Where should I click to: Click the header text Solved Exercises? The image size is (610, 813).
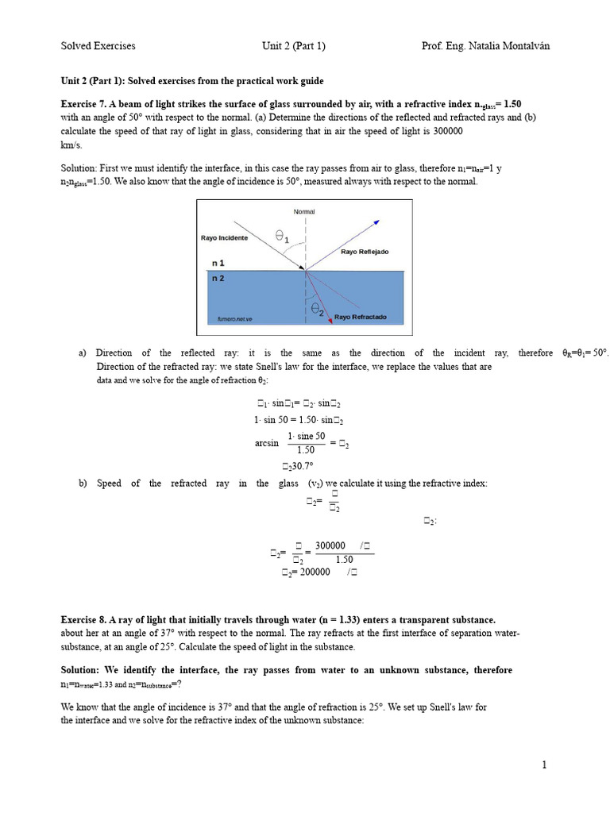98,46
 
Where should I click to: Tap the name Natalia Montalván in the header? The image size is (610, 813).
508,46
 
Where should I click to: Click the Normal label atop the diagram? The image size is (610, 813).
304,212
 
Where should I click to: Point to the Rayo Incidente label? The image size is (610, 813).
224,238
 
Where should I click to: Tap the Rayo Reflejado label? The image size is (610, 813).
365,252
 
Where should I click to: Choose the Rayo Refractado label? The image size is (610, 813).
360,317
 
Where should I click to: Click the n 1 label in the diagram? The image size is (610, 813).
218,263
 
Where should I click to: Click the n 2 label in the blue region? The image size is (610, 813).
218,279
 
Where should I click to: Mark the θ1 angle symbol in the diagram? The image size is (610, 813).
282,236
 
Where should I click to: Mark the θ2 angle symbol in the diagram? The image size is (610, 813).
317,310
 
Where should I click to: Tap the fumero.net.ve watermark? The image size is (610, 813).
234,319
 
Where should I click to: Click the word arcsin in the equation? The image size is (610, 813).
267,443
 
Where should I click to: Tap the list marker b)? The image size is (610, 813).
83,483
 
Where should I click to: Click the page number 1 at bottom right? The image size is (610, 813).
545,765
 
